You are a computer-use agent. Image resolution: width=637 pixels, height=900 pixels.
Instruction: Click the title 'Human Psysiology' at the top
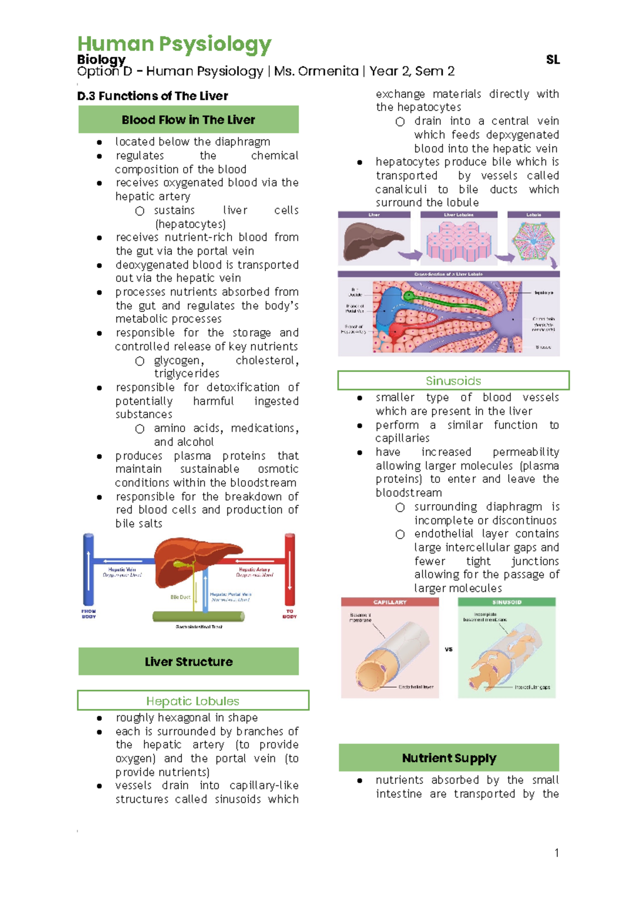(x=174, y=44)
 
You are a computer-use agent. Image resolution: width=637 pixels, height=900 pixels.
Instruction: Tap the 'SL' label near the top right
(x=553, y=60)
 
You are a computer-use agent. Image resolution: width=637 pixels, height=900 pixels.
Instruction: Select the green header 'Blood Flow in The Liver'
(x=188, y=119)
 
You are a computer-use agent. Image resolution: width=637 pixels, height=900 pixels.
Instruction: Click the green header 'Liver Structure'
(x=188, y=662)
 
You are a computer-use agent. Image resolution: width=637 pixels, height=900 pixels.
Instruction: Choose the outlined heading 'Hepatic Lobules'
(x=193, y=701)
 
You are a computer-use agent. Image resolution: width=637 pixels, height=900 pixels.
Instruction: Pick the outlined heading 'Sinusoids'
(x=453, y=380)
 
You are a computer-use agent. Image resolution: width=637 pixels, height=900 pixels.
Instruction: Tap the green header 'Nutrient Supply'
(x=449, y=758)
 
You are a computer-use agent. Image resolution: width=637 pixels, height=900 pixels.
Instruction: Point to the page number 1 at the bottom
(x=556, y=853)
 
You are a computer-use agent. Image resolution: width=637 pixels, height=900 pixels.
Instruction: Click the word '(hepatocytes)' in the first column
(x=190, y=224)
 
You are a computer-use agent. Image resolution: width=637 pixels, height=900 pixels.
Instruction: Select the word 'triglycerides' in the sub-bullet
(x=186, y=374)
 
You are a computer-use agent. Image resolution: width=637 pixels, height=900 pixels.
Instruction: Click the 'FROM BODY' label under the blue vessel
(x=89, y=614)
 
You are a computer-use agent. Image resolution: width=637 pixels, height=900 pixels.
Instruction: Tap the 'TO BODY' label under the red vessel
(x=289, y=614)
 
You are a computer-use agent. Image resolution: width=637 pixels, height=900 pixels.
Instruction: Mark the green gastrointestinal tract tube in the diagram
(x=199, y=617)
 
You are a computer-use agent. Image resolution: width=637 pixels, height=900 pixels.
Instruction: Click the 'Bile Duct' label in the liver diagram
(x=180, y=597)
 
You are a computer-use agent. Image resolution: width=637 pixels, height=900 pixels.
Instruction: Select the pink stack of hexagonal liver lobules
(x=458, y=241)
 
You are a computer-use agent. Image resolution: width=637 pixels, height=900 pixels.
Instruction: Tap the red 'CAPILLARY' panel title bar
(x=390, y=602)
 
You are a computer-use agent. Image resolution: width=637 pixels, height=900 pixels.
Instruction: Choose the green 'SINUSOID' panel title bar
(x=506, y=602)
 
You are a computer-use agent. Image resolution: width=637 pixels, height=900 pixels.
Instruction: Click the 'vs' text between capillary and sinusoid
(x=449, y=649)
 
